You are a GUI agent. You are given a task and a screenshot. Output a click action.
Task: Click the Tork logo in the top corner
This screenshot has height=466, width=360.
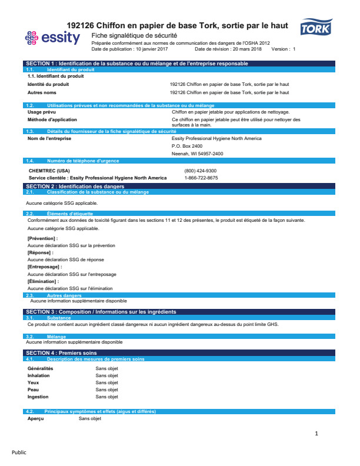click(x=316, y=27)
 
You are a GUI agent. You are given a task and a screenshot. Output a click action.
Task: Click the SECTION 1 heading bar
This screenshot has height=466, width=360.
click(x=136, y=64)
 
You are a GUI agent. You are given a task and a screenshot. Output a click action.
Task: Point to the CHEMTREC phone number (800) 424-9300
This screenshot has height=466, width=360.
click(x=200, y=171)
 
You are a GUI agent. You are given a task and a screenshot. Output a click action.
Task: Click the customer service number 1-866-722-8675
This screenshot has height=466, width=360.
click(x=201, y=178)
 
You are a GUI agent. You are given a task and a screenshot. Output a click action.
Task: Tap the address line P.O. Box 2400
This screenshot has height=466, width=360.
click(x=187, y=146)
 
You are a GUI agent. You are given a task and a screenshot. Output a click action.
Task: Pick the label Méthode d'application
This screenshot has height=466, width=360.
click(x=52, y=119)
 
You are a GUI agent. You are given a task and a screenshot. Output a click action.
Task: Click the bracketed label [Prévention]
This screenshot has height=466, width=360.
click(x=42, y=238)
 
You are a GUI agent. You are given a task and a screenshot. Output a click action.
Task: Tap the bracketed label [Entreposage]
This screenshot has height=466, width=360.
click(x=45, y=267)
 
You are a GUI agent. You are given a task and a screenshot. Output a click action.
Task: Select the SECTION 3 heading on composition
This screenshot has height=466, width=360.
click(x=101, y=311)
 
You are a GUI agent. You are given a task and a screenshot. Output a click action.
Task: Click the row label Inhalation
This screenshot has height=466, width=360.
click(x=39, y=375)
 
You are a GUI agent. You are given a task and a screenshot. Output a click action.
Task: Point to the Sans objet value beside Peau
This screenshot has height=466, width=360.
click(x=107, y=390)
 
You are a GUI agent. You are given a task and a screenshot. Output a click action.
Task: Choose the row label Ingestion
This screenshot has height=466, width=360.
click(x=38, y=397)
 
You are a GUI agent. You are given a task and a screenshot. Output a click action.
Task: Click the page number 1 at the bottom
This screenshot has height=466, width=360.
click(x=316, y=434)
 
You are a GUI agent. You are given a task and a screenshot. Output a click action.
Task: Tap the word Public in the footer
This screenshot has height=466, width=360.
click(x=19, y=452)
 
